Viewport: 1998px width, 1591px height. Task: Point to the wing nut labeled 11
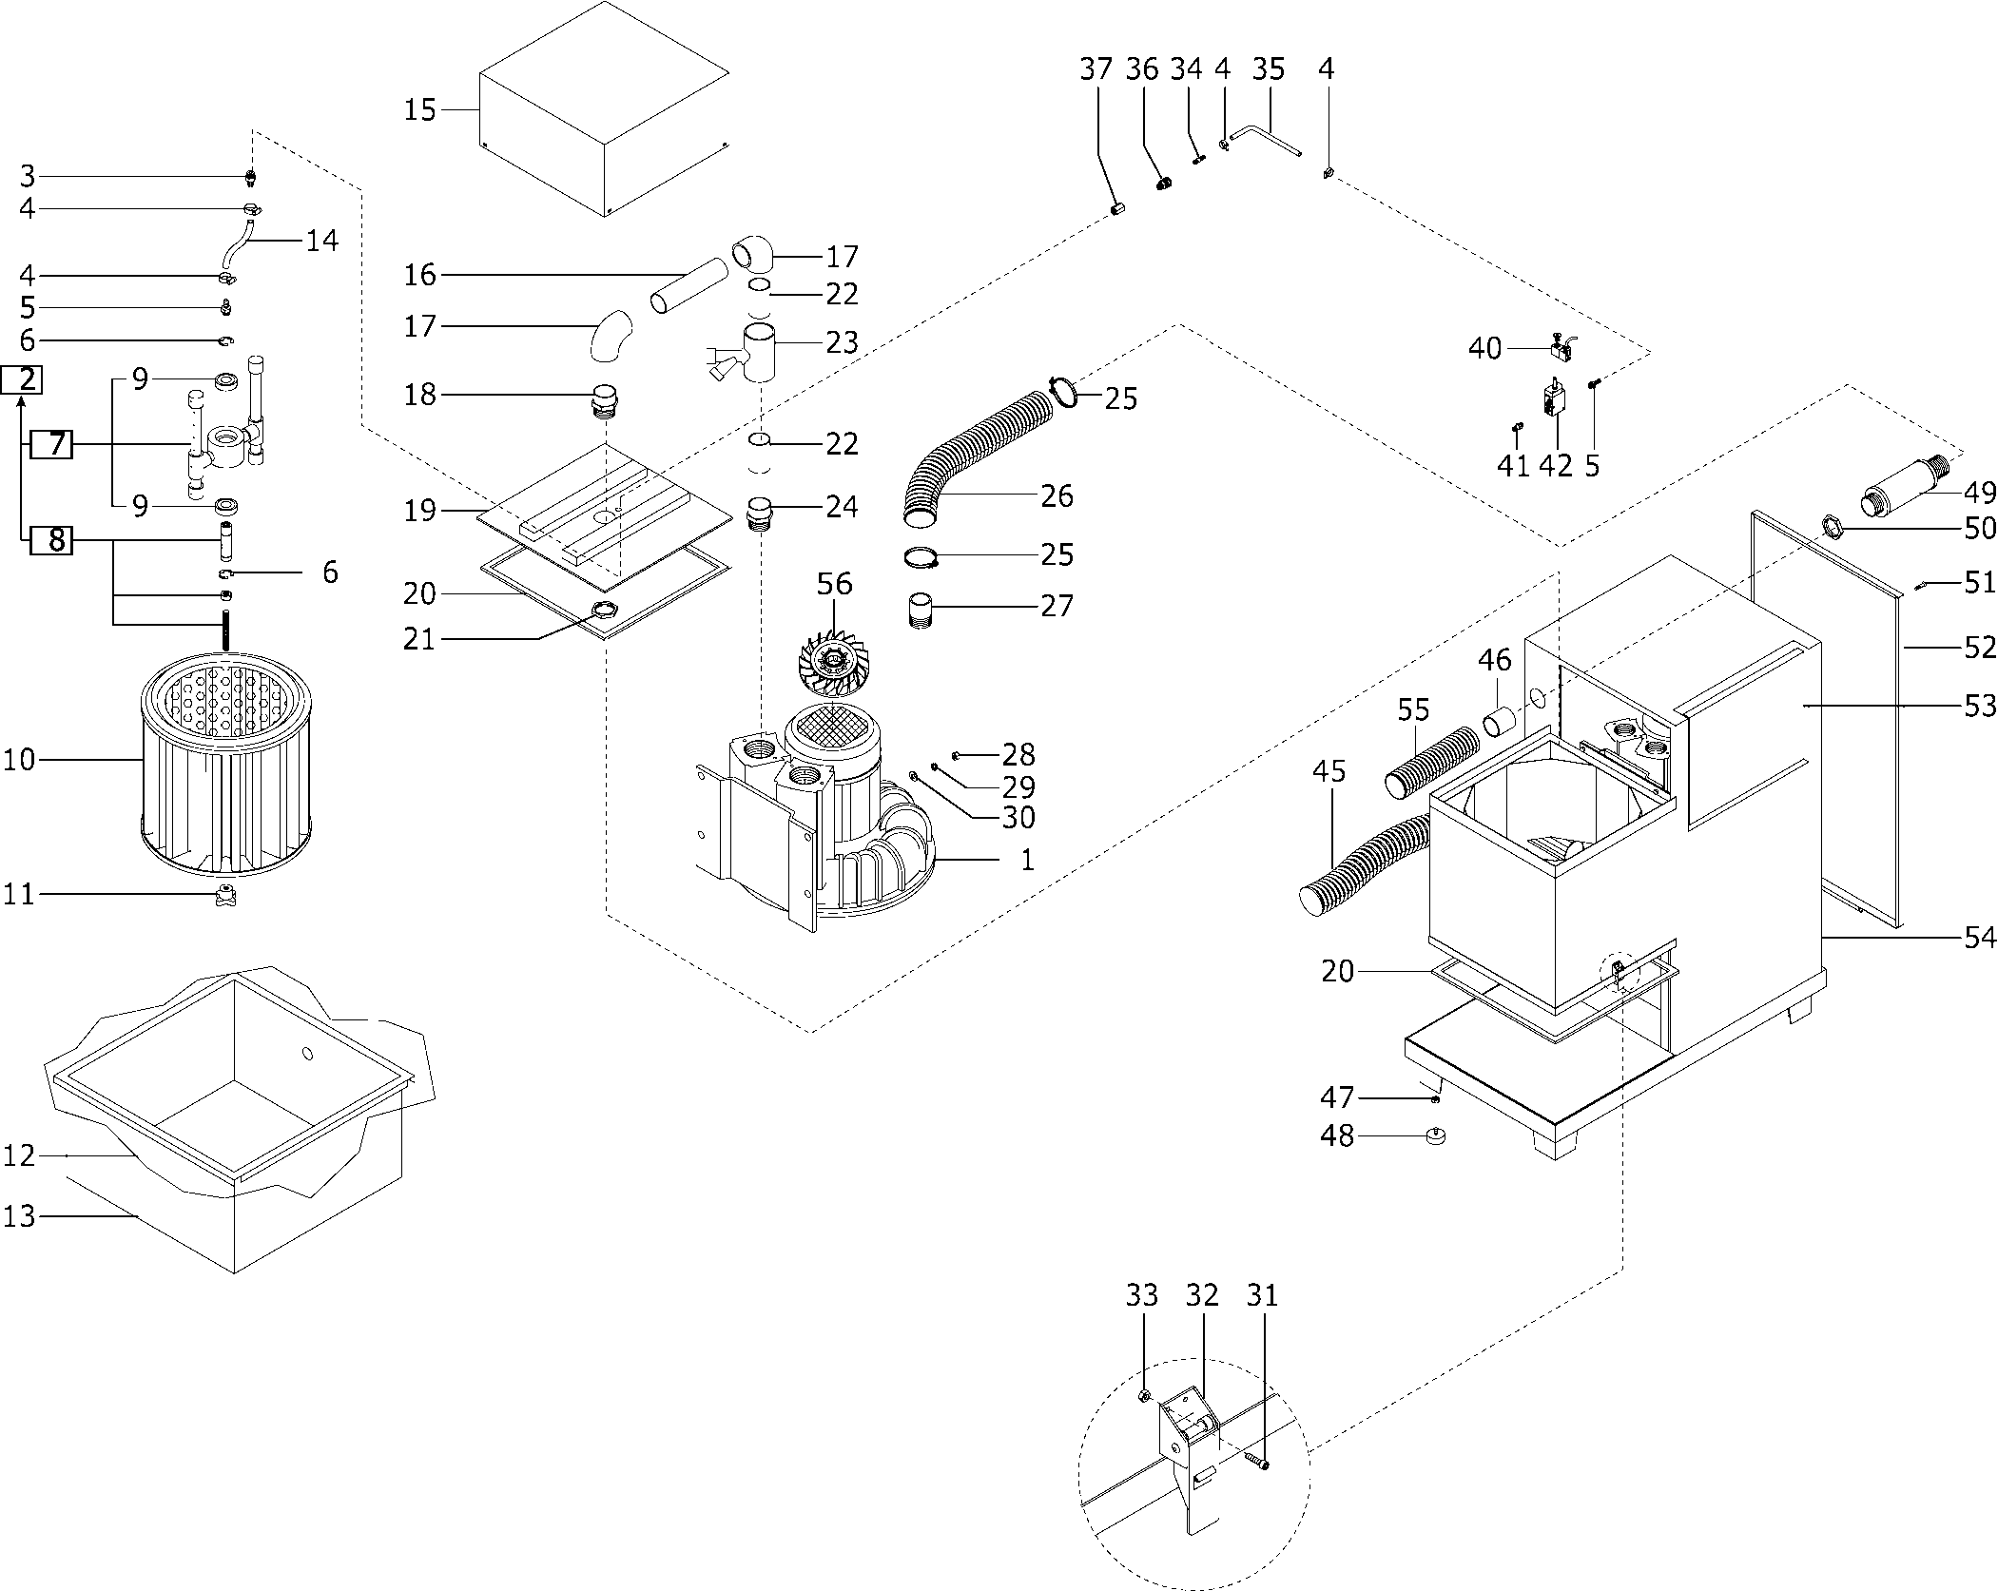pyautogui.click(x=226, y=895)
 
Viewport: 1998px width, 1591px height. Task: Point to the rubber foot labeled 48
pyautogui.click(x=1435, y=1135)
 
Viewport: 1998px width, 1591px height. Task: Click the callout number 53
pyautogui.click(x=1980, y=707)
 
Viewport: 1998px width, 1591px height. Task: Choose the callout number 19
pyautogui.click(x=419, y=511)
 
